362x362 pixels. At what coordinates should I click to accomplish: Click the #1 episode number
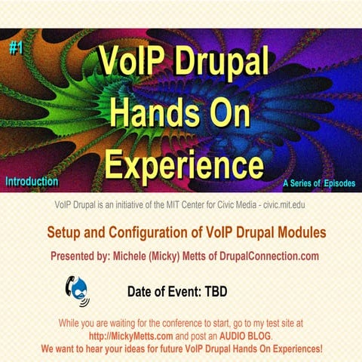(17, 48)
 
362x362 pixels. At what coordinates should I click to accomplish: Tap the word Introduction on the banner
(32, 182)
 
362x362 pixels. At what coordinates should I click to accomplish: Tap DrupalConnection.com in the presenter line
(277, 256)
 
